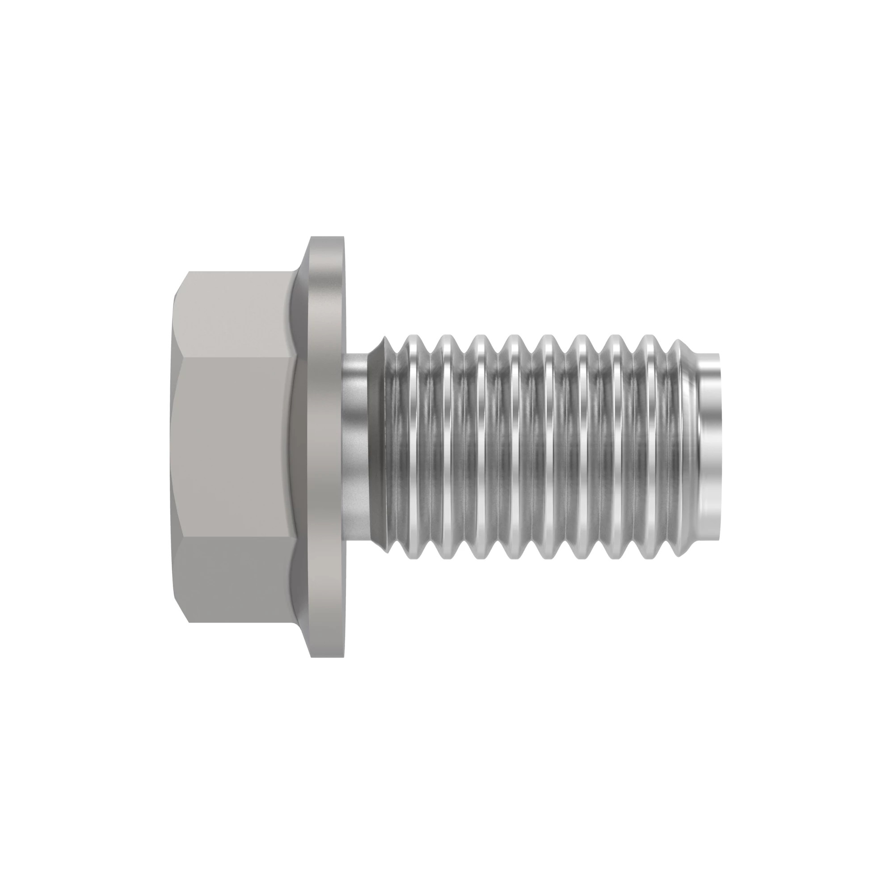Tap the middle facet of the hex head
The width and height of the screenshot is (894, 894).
pyautogui.click(x=234, y=447)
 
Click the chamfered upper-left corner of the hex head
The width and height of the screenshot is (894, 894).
pyautogui.click(x=181, y=284)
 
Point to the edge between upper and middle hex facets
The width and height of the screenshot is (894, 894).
pyautogui.click(x=234, y=358)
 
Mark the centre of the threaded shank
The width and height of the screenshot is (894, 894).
pyautogui.click(x=532, y=447)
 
